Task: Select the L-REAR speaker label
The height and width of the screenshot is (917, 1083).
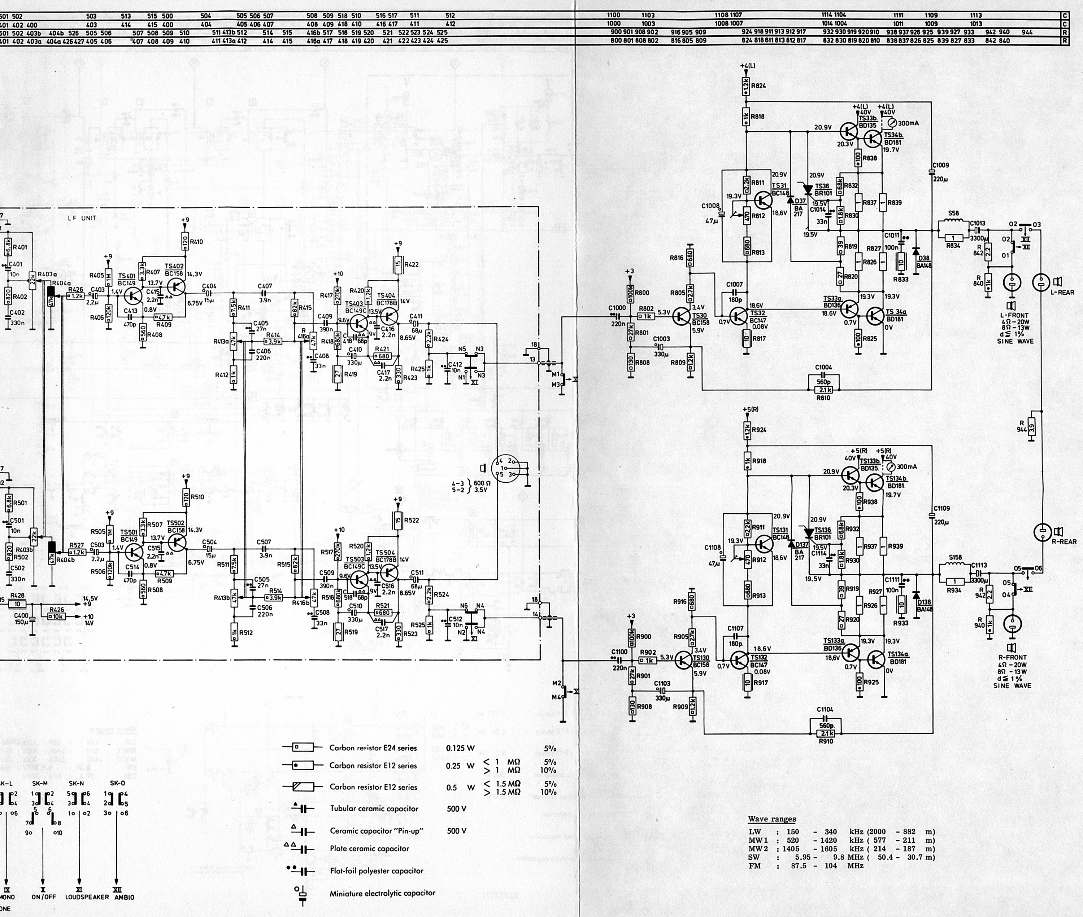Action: [x=1062, y=292]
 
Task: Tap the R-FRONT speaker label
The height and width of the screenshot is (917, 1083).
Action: [x=1012, y=657]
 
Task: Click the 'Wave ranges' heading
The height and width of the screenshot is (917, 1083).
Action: [x=772, y=819]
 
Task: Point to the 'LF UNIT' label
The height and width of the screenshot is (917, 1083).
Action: [x=82, y=218]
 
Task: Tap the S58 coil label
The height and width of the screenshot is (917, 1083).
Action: [x=953, y=213]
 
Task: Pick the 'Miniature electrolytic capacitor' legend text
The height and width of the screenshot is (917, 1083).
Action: [x=382, y=893]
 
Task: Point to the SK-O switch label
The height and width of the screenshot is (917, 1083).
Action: [x=118, y=783]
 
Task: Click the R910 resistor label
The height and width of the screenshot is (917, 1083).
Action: [x=826, y=741]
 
